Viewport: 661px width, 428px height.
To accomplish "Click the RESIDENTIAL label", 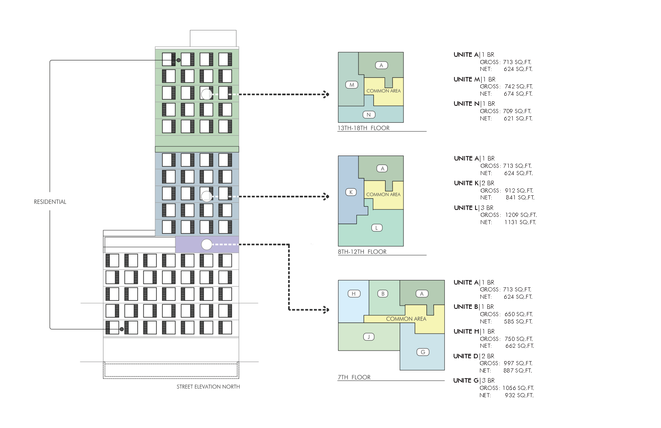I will [x=50, y=202].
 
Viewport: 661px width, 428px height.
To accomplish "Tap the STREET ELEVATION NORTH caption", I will [x=208, y=387].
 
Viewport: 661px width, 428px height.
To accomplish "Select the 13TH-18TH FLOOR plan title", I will [x=364, y=128].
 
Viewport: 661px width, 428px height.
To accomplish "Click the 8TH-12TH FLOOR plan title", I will [x=362, y=252].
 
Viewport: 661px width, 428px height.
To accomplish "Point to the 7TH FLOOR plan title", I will [x=354, y=377].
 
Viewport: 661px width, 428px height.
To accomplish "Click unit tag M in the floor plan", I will [x=352, y=85].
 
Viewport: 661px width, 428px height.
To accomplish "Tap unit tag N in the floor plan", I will [x=369, y=115].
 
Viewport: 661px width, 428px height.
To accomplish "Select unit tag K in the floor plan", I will [x=351, y=192].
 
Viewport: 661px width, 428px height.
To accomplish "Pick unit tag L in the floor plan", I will [x=377, y=228].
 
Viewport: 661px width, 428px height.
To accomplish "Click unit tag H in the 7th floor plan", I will [x=354, y=294].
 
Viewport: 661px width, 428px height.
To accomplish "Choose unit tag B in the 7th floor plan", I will [x=383, y=294].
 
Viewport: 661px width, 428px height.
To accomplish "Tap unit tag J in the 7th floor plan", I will [x=369, y=337].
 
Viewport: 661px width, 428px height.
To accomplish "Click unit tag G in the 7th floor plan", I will [x=423, y=352].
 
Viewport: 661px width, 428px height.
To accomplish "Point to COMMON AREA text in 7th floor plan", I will [x=406, y=319].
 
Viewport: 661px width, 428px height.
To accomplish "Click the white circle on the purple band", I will [x=207, y=244].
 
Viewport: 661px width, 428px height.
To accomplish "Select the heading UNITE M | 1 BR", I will [x=474, y=79].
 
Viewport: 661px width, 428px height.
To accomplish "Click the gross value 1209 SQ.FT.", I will [x=521, y=215].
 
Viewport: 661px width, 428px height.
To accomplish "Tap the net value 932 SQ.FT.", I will [x=519, y=395].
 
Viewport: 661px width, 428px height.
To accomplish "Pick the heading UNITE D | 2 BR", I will [x=473, y=356].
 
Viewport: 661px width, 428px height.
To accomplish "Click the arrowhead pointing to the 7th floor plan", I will [x=326, y=310].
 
